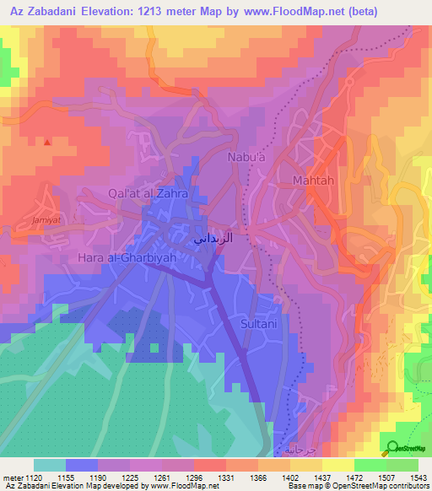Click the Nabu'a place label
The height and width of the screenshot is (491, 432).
(246, 157)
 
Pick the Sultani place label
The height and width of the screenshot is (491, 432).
(260, 322)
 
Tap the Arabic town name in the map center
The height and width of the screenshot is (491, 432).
(209, 239)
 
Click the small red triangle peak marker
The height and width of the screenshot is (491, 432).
(47, 142)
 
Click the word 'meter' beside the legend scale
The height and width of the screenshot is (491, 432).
(13, 477)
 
